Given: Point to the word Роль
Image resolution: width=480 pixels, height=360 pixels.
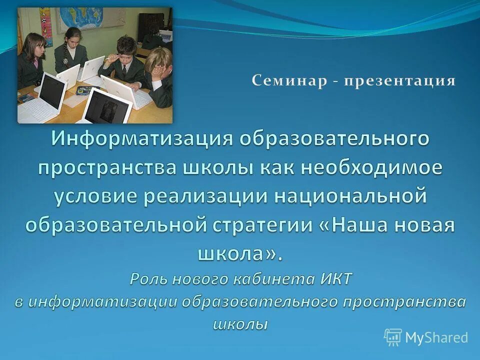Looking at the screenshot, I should [x=148, y=278].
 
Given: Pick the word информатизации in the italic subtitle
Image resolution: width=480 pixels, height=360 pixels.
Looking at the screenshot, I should [x=102, y=301].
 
